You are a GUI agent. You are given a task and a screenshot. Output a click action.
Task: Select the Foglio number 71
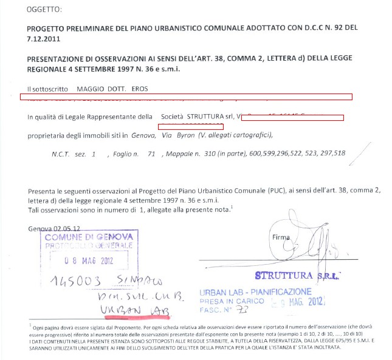(152, 154)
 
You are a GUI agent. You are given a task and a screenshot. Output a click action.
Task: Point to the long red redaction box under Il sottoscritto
(186, 97)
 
